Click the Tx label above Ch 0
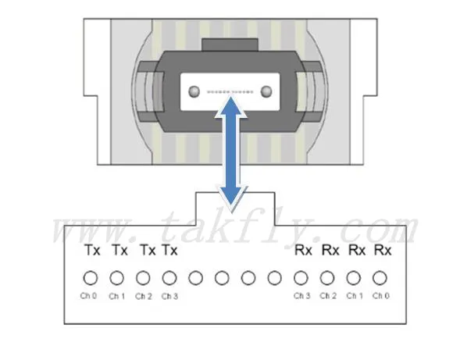92,250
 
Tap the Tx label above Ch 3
169,250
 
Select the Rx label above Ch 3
303,250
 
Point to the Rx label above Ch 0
383,250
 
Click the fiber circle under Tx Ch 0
91,278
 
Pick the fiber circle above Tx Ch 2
143,278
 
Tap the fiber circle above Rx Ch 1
354,278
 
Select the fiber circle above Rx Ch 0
380,278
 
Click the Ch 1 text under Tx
116,296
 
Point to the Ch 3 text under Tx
169,296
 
